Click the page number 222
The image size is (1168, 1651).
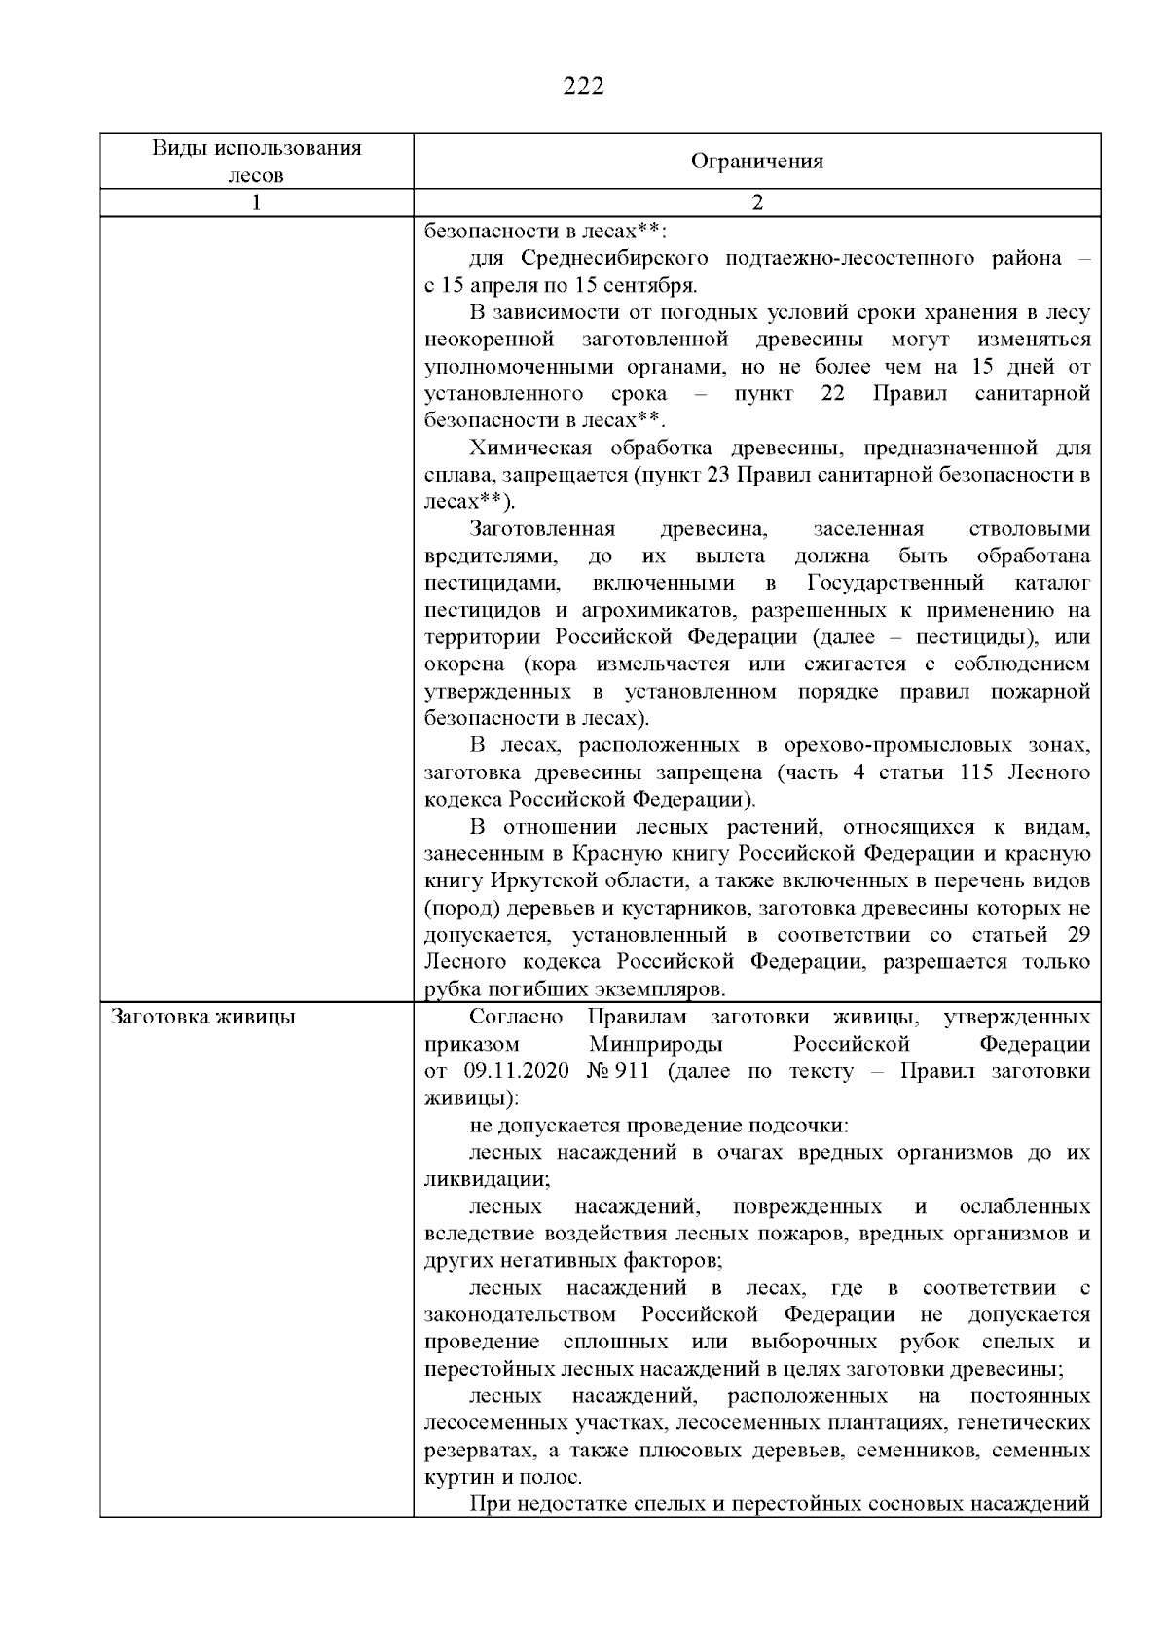point(584,88)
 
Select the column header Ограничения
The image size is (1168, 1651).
point(756,162)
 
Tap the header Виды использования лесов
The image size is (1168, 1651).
point(256,162)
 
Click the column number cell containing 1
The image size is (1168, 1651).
point(256,202)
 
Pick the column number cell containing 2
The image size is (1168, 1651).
point(757,202)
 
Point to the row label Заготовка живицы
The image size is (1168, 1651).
point(203,1018)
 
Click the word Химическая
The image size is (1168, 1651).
point(530,449)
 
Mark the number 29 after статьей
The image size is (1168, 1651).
point(1077,936)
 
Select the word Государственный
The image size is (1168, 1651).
point(895,584)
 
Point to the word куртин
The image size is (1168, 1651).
point(456,1478)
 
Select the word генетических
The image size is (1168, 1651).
point(1024,1423)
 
